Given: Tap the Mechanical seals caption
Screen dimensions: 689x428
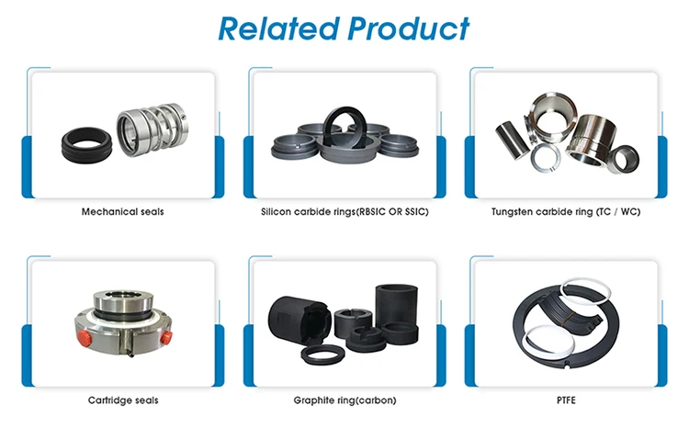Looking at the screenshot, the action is [122, 212].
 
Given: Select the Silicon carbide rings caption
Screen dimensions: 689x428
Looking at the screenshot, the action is [344, 212].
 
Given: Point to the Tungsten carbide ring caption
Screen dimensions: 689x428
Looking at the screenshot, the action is [567, 212].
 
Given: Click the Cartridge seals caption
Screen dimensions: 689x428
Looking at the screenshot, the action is [122, 400].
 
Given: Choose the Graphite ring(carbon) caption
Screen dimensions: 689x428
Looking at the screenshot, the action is [344, 400].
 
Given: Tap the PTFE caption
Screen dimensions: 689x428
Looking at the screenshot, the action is [566, 400].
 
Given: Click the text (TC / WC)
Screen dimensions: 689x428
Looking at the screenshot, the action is [620, 212].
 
